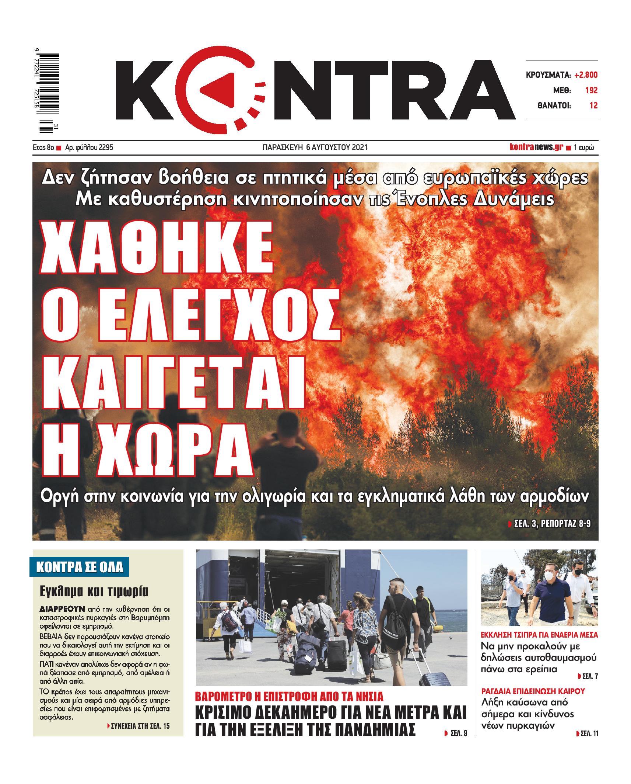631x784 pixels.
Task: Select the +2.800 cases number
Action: [x=586, y=75]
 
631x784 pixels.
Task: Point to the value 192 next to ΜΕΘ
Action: [x=591, y=91]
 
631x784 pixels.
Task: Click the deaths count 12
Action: [x=593, y=106]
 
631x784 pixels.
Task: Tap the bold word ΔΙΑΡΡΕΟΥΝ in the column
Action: [x=62, y=608]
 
